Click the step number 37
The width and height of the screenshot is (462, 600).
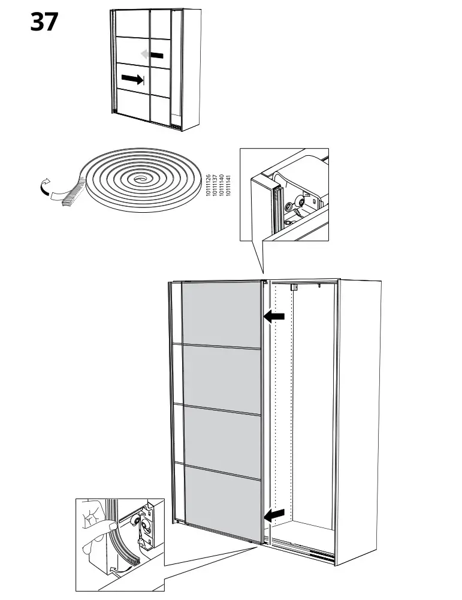tap(44, 23)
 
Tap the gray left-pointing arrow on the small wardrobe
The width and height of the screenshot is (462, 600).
tap(152, 55)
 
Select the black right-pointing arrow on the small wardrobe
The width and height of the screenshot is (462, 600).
tap(133, 79)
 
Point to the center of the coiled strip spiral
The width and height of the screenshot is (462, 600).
tap(141, 179)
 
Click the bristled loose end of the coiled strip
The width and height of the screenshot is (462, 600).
tap(71, 192)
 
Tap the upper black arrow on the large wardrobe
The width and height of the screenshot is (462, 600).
tap(274, 316)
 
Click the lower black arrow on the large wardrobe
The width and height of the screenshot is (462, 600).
tap(274, 514)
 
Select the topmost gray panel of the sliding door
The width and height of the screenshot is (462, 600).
tap(222, 313)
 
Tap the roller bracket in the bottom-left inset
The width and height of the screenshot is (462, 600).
tap(146, 524)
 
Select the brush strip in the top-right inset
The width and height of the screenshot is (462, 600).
tap(277, 207)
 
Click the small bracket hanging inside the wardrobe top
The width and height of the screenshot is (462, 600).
tap(294, 288)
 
